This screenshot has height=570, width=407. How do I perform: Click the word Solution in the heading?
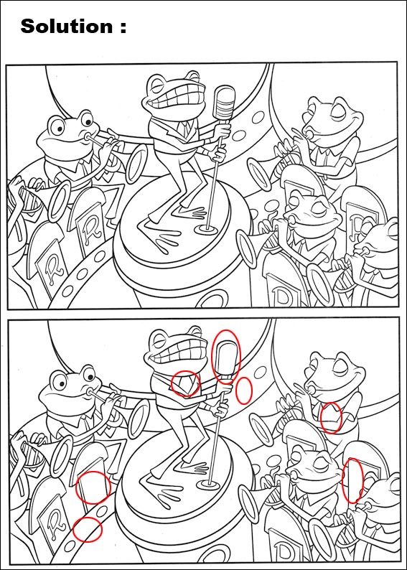pos(67,26)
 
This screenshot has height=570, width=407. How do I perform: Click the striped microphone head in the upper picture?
pos(224,103)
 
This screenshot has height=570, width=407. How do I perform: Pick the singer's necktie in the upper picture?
pos(186,129)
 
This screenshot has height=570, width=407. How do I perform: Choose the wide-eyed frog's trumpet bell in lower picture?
pos(138,419)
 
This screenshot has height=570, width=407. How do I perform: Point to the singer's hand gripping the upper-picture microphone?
pos(223,131)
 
